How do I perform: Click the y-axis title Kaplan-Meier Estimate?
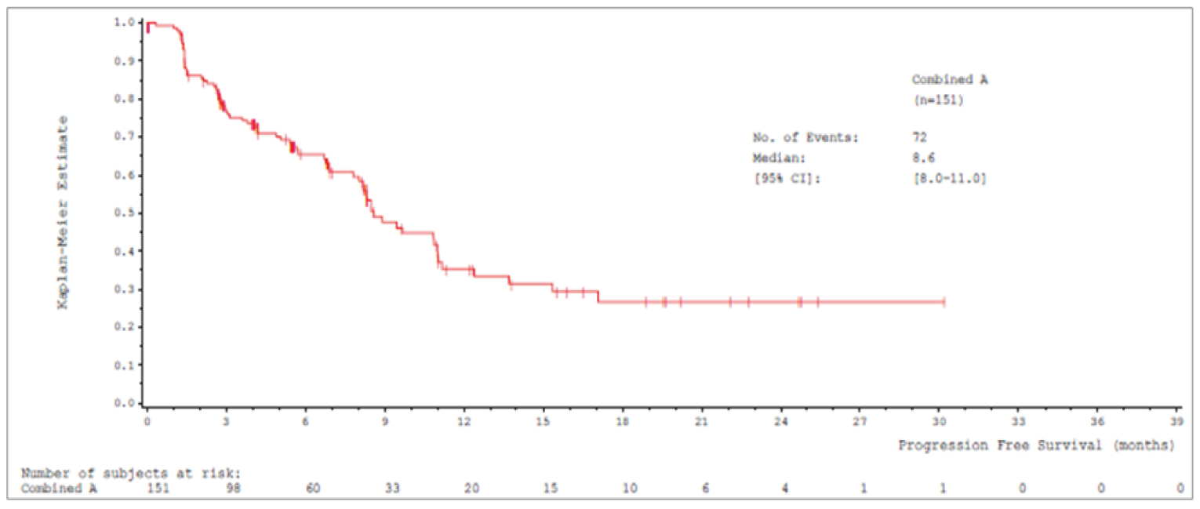click(63, 212)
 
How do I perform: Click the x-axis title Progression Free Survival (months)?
click(1036, 445)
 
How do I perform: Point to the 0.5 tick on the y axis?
click(141, 213)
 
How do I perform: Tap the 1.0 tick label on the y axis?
click(125, 22)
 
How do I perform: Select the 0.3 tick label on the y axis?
click(125, 289)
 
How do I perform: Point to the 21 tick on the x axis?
click(702, 409)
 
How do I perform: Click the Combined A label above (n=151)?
click(949, 79)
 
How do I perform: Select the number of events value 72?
click(919, 137)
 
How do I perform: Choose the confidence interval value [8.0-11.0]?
click(948, 178)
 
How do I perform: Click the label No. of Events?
click(805, 137)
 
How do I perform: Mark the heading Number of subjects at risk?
click(131, 473)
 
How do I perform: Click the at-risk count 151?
click(158, 488)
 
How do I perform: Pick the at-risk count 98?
click(233, 488)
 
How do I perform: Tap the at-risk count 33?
click(391, 488)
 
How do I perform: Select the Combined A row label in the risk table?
click(54, 488)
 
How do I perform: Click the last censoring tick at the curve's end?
click(944, 302)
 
